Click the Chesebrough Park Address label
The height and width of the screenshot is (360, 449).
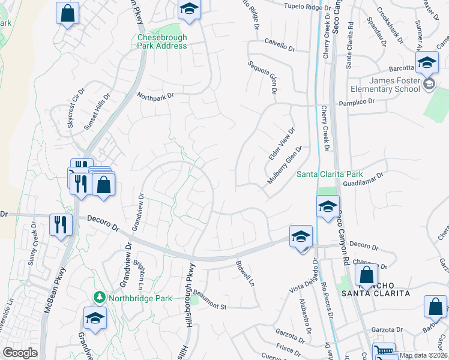click(162, 41)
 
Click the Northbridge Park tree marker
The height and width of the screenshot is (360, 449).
click(98, 297)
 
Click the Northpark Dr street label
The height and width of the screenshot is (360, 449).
click(155, 95)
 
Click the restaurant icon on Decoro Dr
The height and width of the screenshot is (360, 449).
click(61, 225)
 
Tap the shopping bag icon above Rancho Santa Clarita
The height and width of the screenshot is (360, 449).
click(366, 275)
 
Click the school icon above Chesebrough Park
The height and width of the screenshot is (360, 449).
click(189, 9)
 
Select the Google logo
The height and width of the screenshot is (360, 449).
click(20, 353)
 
